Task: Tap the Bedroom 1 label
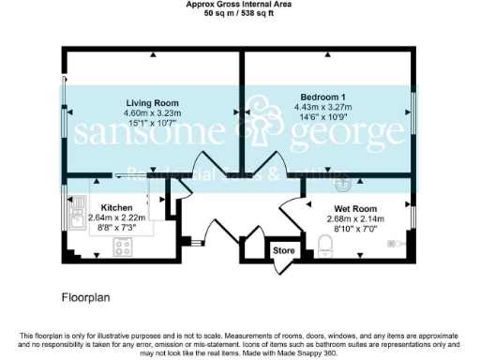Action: click(323, 97)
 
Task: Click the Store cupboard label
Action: click(282, 251)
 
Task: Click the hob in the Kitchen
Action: click(122, 247)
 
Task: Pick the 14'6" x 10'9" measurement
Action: click(323, 117)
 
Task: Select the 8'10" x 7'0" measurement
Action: click(356, 229)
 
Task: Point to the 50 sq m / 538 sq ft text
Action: click(239, 13)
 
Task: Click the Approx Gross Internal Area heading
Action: click(239, 5)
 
